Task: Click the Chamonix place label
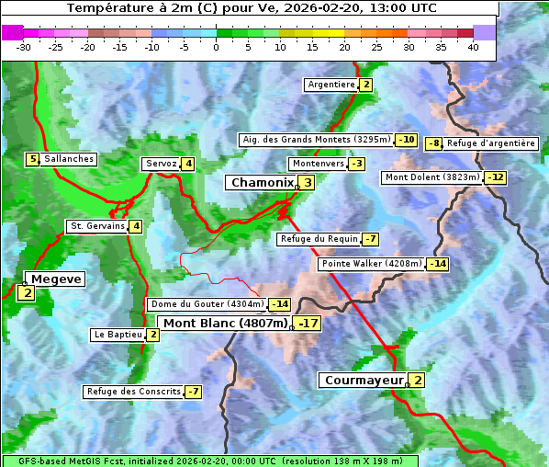[x=262, y=183]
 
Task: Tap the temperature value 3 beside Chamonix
[x=308, y=183]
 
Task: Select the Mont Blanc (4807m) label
[x=225, y=324]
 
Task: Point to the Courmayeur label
[x=364, y=381]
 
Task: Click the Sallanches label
[x=69, y=159]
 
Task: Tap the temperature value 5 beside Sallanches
[x=33, y=159]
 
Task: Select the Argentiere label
[x=331, y=85]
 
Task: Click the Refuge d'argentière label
[x=490, y=143]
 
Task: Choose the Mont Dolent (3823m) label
[x=431, y=177]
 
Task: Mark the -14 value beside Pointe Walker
[x=438, y=264]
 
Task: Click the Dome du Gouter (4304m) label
[x=207, y=304]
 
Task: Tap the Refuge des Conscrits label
[x=133, y=392]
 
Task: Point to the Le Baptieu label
[x=118, y=335]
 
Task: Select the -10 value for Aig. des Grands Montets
[x=407, y=140]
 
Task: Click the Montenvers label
[x=318, y=164]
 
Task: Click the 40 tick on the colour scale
[x=473, y=47]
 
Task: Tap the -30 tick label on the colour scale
[x=24, y=47]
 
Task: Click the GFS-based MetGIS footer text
[x=209, y=461]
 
